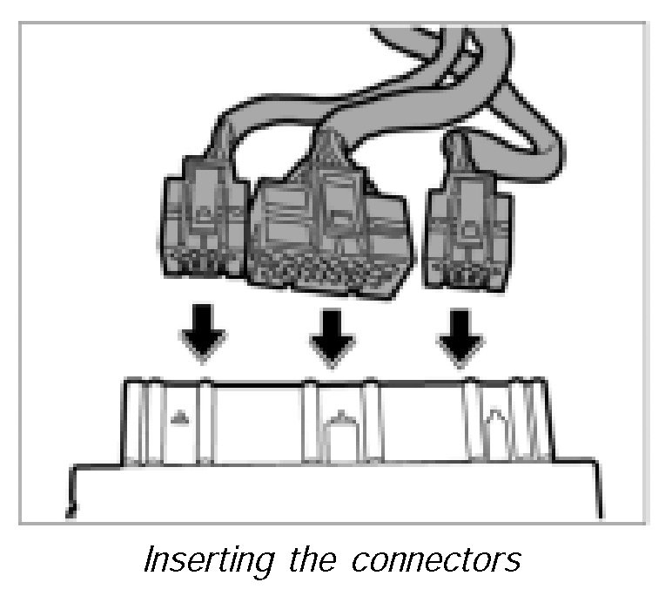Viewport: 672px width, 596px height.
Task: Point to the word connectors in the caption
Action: coord(440,559)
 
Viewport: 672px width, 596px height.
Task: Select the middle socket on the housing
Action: coord(339,423)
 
